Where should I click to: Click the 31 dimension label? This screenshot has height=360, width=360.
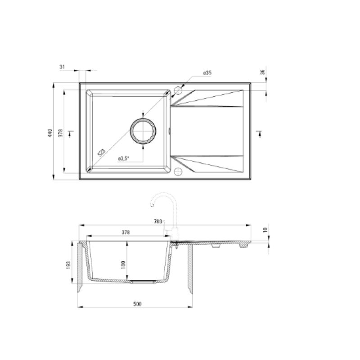coord(62,67)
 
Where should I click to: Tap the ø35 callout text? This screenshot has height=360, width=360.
coord(207,73)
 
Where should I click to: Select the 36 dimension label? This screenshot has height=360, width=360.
coord(263,72)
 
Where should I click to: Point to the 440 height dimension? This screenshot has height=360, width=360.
coord(50,133)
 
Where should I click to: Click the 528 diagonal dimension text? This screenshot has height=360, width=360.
coord(101,153)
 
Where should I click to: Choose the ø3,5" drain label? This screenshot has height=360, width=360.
coord(123,158)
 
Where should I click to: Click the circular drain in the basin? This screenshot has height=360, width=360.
coord(143,131)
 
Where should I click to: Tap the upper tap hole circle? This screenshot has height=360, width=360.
coord(178,90)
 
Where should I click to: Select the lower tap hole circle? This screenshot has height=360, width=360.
coord(178,171)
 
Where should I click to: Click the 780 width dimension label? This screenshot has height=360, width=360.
coord(158,221)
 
